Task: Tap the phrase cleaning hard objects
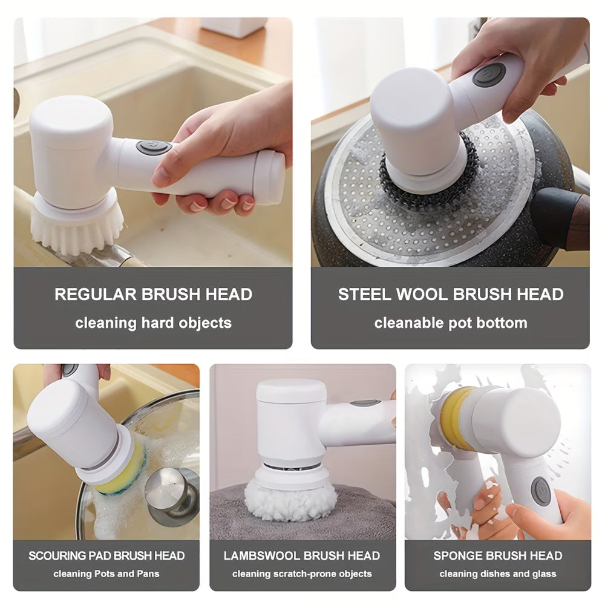pos(153,323)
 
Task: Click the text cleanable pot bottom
pos(450,323)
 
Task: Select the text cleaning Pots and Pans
pos(106,574)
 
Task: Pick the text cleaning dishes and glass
pos(497,574)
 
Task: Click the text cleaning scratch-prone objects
pos(302,574)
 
